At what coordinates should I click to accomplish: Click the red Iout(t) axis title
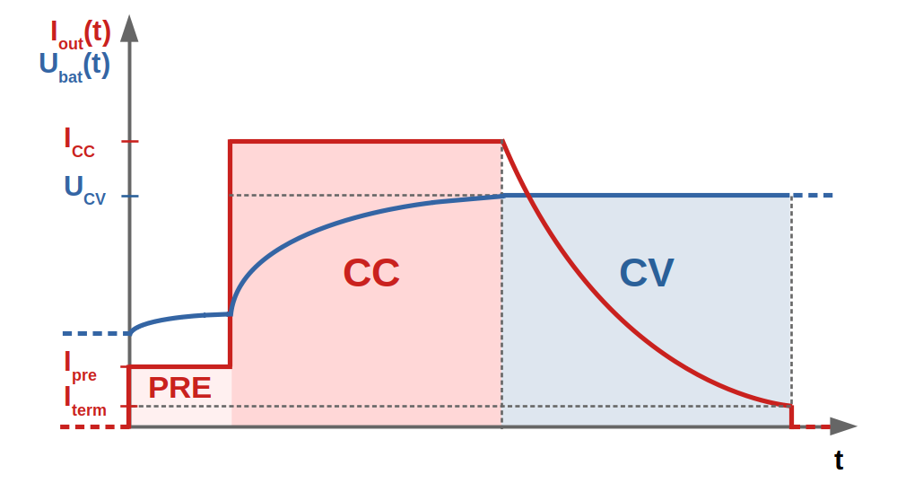click(x=81, y=34)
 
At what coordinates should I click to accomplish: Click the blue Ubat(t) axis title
click(x=74, y=66)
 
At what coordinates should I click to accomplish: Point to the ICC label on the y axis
click(x=79, y=142)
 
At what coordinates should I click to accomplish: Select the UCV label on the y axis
click(x=84, y=189)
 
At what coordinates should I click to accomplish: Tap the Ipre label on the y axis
click(x=80, y=366)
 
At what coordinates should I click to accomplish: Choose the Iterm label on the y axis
click(x=84, y=402)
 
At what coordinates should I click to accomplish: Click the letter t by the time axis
click(x=839, y=460)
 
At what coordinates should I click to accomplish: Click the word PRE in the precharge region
click(x=179, y=388)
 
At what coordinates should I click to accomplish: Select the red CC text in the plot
click(x=371, y=273)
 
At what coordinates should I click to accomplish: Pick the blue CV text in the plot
click(x=647, y=273)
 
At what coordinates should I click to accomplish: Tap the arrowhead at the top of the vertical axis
click(x=130, y=28)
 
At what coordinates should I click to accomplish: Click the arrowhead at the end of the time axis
click(x=843, y=426)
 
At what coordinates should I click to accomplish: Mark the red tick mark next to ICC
click(x=130, y=141)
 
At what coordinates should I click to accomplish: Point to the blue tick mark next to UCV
click(x=130, y=197)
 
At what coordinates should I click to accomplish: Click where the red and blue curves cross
click(x=528, y=196)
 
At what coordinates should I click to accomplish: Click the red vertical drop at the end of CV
click(x=792, y=417)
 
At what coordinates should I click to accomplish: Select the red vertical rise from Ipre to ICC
click(x=230, y=254)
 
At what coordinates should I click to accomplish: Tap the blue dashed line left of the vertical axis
click(x=96, y=333)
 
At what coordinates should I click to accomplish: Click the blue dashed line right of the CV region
click(x=813, y=196)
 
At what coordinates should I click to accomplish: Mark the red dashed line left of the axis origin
click(x=95, y=426)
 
